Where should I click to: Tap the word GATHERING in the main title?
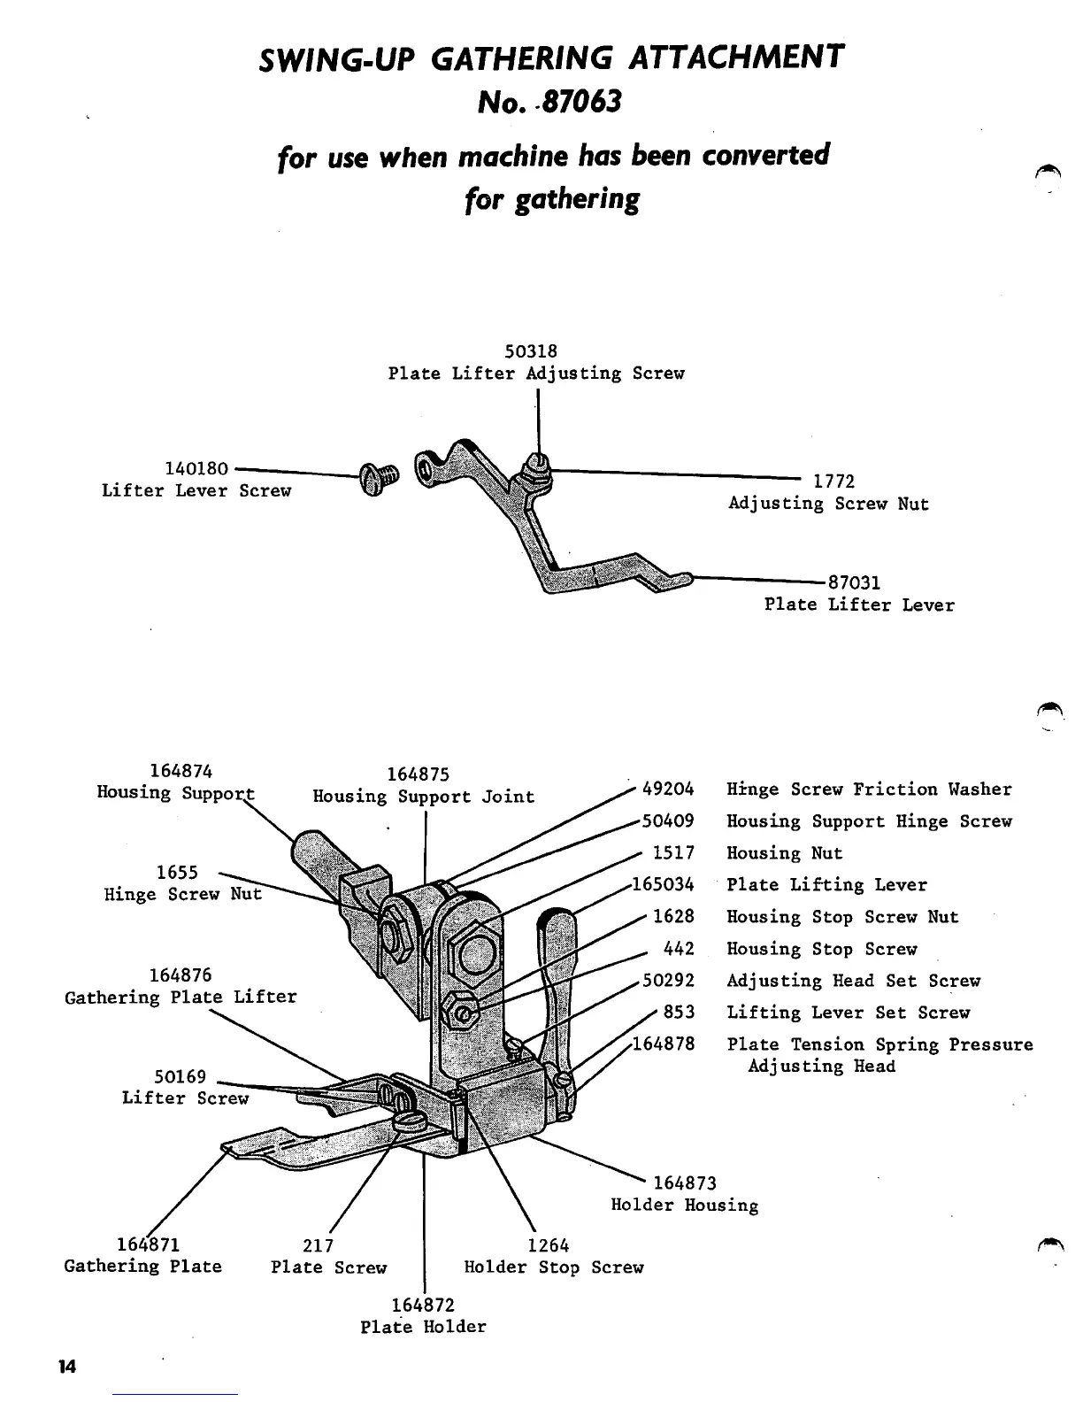click(522, 58)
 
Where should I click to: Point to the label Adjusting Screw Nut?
click(828, 504)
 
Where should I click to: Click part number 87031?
click(854, 583)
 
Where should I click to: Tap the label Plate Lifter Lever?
click(859, 605)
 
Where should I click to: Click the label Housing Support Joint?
click(424, 797)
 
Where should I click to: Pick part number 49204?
click(668, 789)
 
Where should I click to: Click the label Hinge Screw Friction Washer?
click(869, 790)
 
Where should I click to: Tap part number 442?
click(679, 949)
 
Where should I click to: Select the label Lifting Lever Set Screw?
click(848, 1013)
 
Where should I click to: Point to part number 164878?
click(663, 1044)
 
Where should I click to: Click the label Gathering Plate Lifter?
click(180, 998)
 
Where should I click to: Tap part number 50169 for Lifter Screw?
click(180, 1077)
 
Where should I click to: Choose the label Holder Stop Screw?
click(554, 1267)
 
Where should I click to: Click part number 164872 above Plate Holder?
click(422, 1306)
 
